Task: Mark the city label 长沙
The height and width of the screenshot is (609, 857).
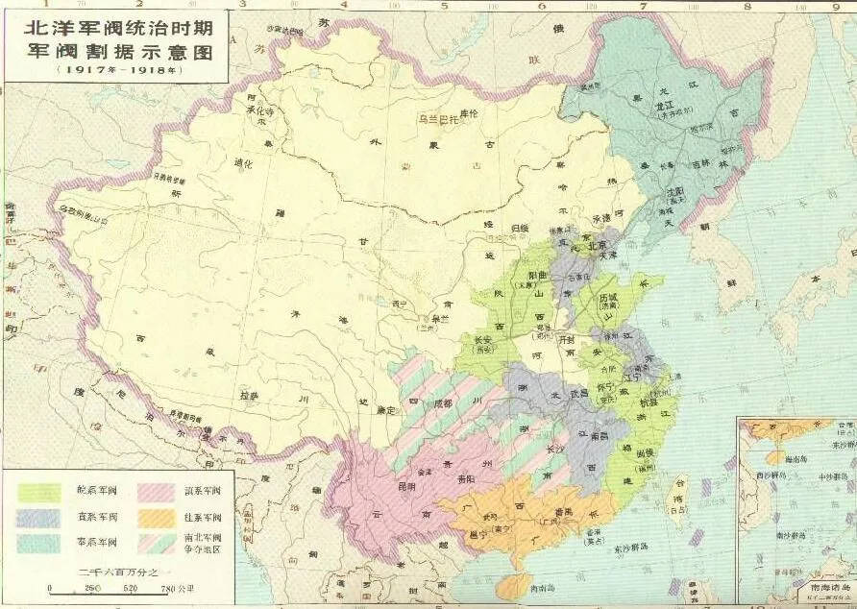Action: click(x=555, y=449)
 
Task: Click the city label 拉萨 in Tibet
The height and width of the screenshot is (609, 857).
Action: click(x=250, y=395)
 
